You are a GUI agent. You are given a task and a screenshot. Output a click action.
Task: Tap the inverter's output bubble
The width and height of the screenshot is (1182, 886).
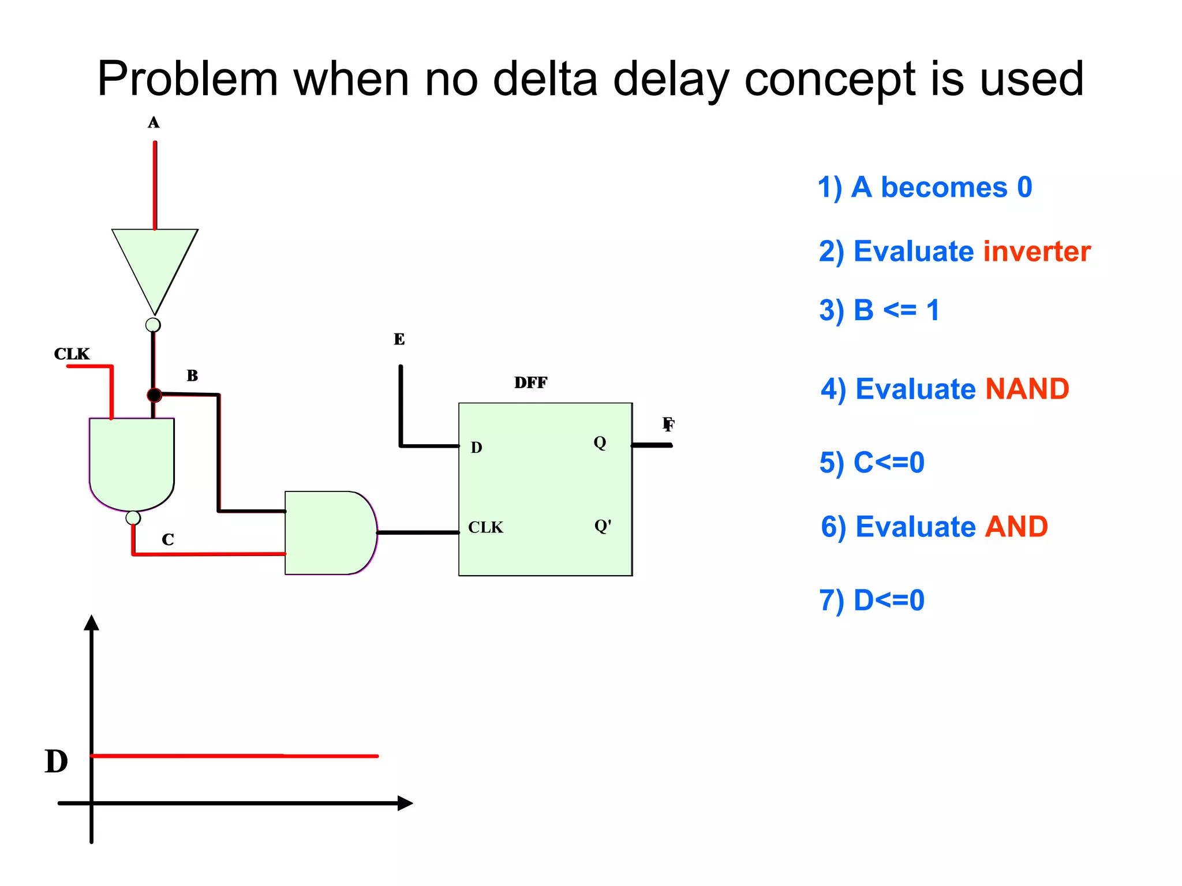pos(153,325)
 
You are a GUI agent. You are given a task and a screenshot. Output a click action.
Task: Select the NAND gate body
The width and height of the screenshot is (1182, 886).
pos(132,461)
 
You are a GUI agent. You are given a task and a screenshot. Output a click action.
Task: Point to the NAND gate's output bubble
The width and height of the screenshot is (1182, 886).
pos(133,517)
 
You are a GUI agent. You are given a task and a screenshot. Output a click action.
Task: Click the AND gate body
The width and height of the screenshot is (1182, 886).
pos(329,532)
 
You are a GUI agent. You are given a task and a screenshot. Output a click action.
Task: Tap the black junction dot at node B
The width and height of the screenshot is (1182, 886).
pos(154,395)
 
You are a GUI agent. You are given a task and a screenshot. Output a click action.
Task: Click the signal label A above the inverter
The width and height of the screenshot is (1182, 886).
pos(154,122)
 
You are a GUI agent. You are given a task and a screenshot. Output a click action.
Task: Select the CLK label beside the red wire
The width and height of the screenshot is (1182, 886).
pos(72,354)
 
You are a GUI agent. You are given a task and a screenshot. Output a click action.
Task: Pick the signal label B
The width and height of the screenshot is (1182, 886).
pos(192,376)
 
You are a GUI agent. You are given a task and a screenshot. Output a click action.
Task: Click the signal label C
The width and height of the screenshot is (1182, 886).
pos(168,539)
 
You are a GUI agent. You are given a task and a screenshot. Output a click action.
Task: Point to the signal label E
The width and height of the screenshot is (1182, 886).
pos(399,339)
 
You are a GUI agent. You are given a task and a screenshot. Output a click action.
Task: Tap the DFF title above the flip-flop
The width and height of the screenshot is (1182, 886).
pos(530,382)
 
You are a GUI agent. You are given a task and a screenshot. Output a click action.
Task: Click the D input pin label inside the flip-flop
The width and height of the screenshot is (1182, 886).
pos(476,448)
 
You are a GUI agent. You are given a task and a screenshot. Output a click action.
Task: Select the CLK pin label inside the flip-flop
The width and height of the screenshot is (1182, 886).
pos(485,527)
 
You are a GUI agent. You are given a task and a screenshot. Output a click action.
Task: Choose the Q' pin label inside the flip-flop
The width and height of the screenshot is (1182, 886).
pos(603,526)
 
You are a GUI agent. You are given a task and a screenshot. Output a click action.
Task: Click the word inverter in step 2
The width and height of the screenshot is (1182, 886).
pos(1037,251)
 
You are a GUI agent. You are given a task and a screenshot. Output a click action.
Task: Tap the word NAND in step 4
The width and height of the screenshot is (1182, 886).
pos(1027,389)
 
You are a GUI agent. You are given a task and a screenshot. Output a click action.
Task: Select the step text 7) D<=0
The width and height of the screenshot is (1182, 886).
pos(871,600)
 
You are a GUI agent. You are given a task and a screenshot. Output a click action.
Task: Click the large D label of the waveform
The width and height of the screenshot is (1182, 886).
pos(57,761)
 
